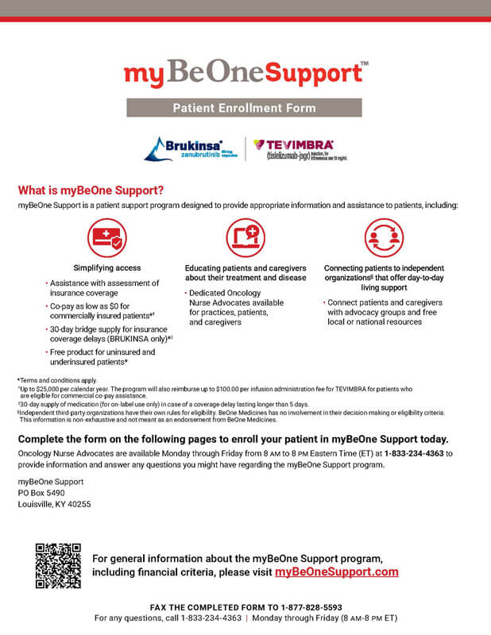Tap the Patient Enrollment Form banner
point(246,108)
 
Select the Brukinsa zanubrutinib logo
point(189,148)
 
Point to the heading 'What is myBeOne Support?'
point(91,190)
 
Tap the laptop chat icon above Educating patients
point(246,237)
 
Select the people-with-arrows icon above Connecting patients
point(384,237)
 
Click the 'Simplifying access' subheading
point(106,268)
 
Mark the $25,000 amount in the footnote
point(48,390)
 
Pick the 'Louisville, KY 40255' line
point(54,504)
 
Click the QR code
point(59,564)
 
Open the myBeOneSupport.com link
point(336,571)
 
